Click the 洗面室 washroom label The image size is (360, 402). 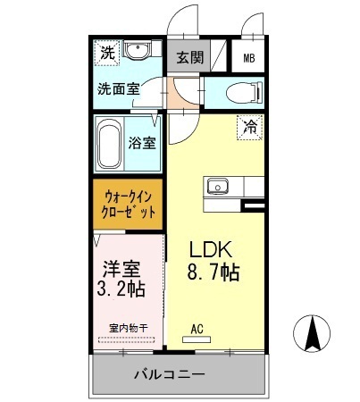pyautogui.click(x=119, y=88)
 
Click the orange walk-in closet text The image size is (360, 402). pyautogui.click(x=129, y=205)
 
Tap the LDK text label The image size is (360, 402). pyautogui.click(x=212, y=251)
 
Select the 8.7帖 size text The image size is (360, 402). pyautogui.click(x=213, y=274)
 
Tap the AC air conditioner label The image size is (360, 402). pyautogui.click(x=197, y=329)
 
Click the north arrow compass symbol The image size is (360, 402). pyautogui.click(x=314, y=337)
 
